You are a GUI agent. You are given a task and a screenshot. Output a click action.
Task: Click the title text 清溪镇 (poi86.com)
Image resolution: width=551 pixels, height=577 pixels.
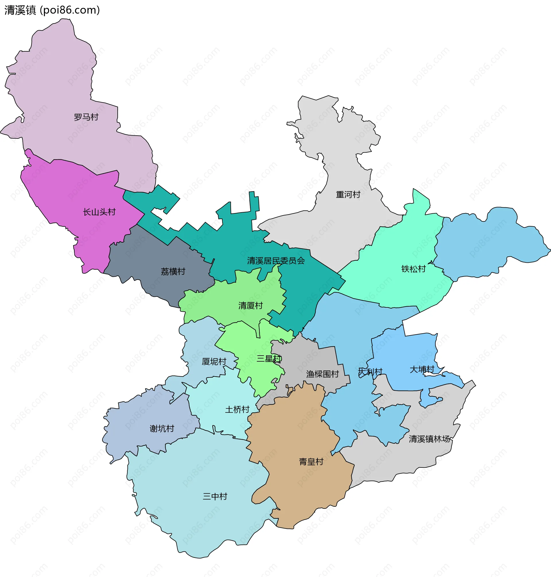(52, 10)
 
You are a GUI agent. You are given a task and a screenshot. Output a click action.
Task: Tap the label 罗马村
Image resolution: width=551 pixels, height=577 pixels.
(86, 117)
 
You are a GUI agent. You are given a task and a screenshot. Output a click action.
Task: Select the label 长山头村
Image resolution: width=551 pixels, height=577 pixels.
(99, 212)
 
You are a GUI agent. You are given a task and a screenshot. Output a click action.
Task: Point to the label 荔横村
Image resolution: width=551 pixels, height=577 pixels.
(173, 272)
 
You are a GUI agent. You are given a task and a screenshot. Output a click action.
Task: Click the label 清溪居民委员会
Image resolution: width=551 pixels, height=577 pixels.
(276, 261)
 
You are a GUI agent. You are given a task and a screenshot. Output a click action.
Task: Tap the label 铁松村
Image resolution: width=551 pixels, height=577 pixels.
(414, 269)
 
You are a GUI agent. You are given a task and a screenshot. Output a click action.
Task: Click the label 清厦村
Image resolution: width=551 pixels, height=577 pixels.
(251, 306)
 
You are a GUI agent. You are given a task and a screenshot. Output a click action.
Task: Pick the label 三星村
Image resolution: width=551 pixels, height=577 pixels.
(269, 359)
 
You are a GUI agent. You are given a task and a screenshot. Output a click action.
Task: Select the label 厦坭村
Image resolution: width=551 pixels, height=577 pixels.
(214, 362)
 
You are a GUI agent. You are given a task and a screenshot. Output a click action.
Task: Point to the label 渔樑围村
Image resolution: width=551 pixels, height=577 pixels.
(323, 374)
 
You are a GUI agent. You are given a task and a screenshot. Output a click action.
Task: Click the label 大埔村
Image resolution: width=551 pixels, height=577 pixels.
(422, 369)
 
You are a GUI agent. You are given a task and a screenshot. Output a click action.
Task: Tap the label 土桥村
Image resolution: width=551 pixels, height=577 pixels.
(237, 410)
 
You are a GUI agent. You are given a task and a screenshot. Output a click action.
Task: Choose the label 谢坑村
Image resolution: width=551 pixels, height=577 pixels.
(162, 429)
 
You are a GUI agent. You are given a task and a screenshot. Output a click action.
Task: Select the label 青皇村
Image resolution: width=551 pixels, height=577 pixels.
(311, 462)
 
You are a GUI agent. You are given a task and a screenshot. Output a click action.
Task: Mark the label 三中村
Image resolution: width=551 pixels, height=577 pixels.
(215, 497)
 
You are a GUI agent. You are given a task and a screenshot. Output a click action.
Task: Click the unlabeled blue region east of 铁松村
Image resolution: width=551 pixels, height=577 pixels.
(493, 243)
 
